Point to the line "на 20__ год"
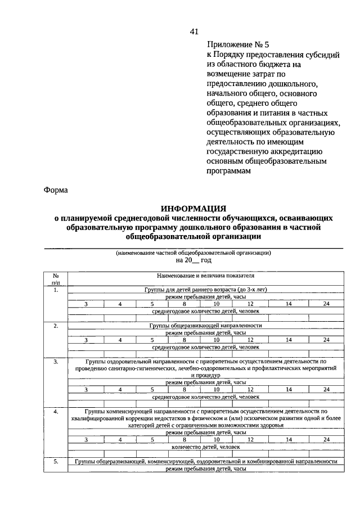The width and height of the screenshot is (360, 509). pos(193,260)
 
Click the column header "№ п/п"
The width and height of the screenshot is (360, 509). pos(56,280)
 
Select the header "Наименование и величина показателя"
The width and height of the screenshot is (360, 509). pos(205,276)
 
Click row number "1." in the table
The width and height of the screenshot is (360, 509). pos(56,290)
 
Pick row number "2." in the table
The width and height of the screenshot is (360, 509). pos(56,326)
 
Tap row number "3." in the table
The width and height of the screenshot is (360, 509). pos(56,362)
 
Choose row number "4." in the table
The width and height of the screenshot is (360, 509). pos(56,412)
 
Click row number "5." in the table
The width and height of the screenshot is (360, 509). pos(56,461)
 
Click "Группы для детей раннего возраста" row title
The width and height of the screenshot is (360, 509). pos(205,290)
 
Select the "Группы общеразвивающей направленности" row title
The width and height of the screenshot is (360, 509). pos(205,326)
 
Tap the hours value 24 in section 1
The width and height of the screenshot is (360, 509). pos(326,304)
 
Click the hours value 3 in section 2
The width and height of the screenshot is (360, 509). pos(86,340)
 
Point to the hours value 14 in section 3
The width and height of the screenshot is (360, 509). pos(288,389)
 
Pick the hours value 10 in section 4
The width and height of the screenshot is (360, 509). pos(216,439)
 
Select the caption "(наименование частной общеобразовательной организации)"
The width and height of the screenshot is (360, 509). pos(193,253)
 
